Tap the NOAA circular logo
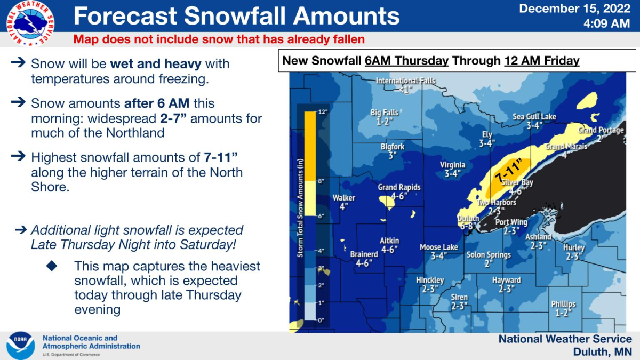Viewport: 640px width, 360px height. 21,346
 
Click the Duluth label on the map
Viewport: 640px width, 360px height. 468,219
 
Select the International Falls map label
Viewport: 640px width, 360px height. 405,81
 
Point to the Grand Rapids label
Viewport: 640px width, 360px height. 399,187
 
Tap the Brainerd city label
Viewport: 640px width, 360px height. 364,254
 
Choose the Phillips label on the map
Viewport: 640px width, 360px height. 563,304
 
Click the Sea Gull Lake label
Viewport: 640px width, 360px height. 534,117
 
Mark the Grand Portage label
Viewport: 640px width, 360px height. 601,130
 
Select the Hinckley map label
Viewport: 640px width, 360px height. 430,280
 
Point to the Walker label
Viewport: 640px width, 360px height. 343,198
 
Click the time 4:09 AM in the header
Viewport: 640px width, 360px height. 606,23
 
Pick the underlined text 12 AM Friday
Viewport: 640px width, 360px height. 541,61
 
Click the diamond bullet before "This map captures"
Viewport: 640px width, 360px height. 52,266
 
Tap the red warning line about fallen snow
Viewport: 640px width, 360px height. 219,39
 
